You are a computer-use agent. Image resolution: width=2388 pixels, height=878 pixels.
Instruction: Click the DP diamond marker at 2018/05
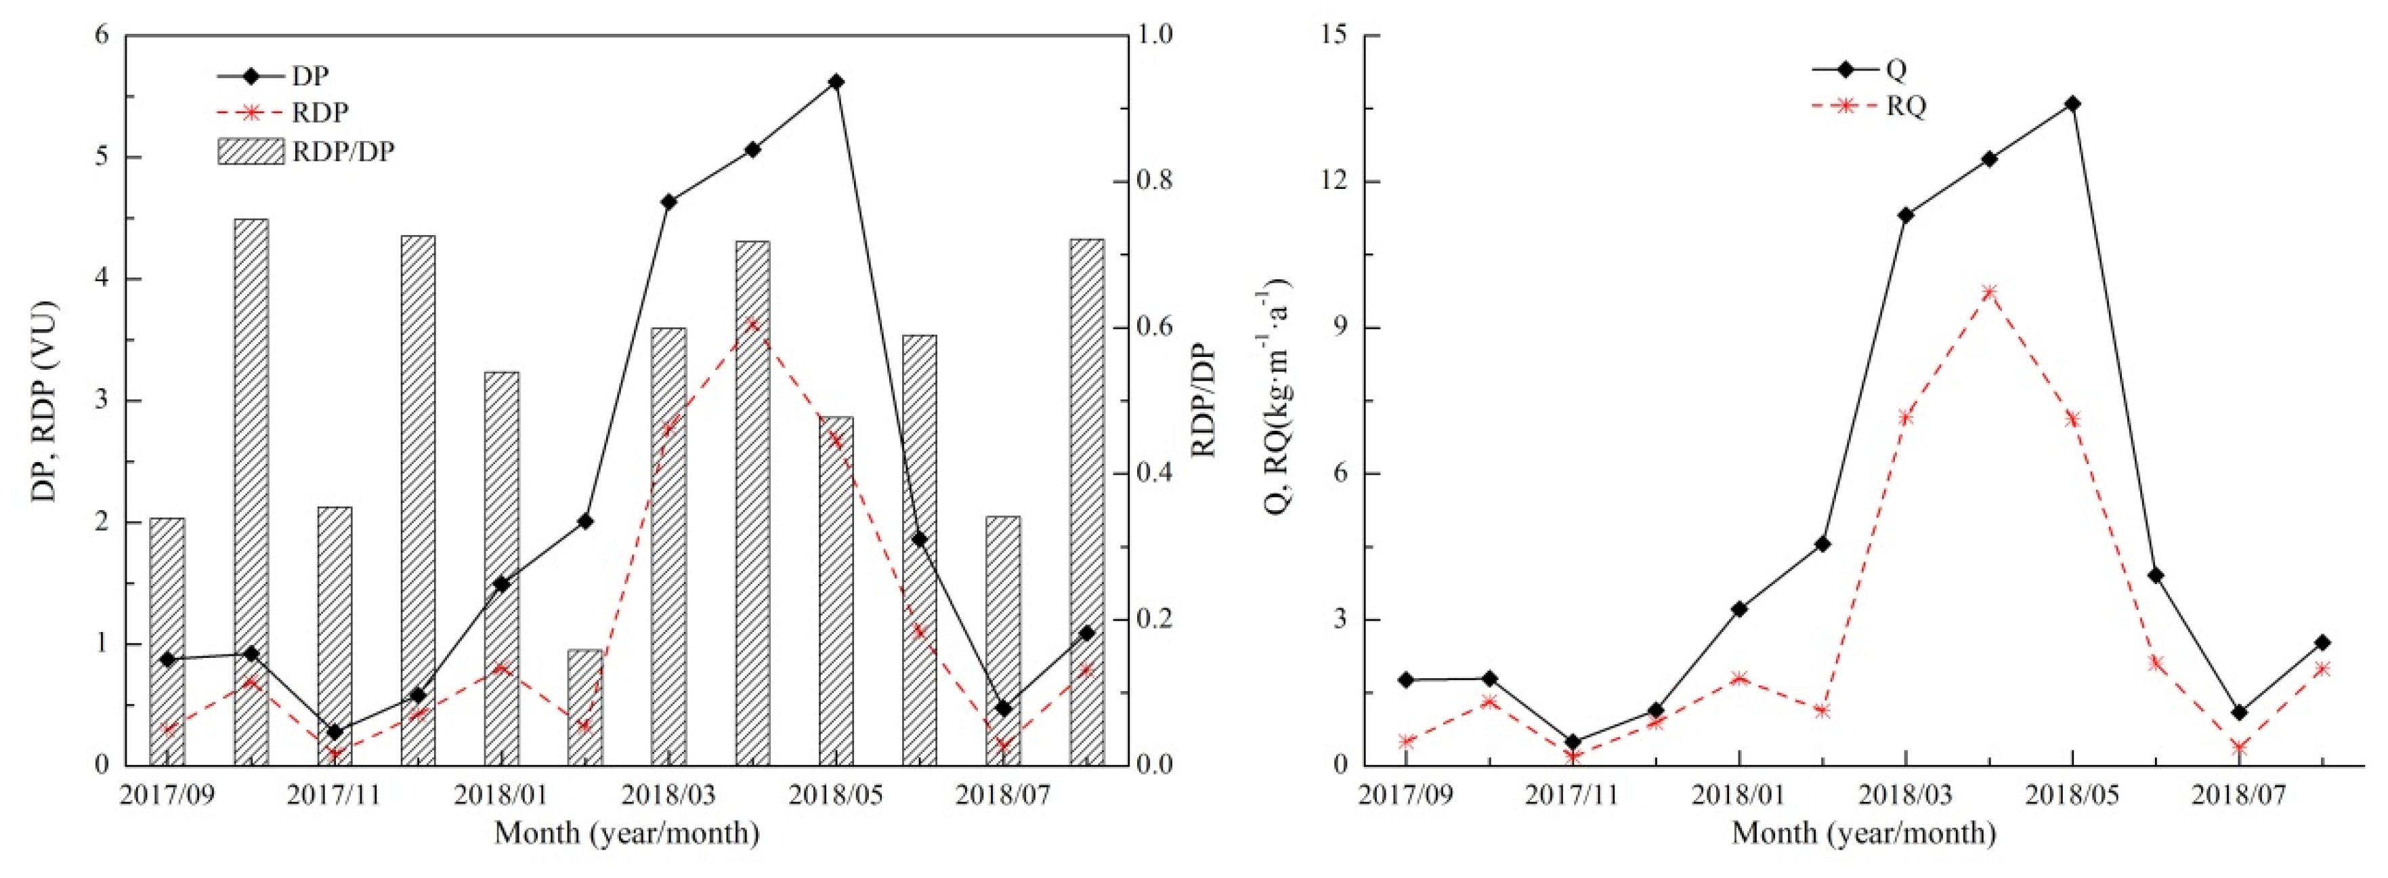836,81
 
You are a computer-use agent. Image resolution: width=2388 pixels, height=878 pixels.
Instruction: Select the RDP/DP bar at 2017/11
335,636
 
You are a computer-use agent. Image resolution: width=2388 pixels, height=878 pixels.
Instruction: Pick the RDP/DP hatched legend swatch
251,151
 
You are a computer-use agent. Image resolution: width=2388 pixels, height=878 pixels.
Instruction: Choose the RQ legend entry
1869,106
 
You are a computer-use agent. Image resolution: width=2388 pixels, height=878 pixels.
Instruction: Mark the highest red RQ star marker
1989,292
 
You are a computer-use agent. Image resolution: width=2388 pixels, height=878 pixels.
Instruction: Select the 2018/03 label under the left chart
669,795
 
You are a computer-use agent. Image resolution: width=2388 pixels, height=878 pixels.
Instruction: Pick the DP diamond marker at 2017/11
335,732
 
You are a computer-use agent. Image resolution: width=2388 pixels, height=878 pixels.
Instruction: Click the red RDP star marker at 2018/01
502,667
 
